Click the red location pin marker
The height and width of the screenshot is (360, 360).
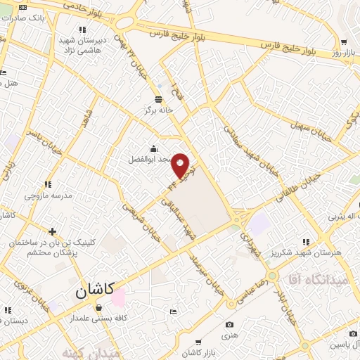click(181, 166)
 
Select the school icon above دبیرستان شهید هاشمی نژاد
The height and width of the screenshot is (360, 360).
click(82, 30)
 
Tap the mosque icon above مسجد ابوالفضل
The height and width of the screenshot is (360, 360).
click(154, 148)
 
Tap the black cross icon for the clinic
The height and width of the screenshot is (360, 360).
click(52, 231)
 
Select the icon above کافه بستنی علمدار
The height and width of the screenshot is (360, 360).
click(98, 307)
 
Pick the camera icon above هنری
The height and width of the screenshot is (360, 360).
click(229, 324)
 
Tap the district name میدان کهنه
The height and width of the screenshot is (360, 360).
click(91, 352)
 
